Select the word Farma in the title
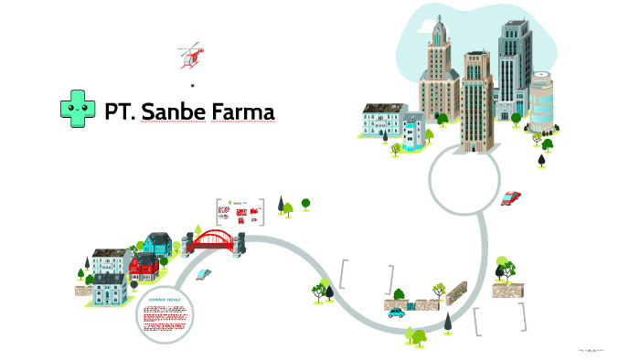[x=242, y=111]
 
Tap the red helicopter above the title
[x=192, y=55]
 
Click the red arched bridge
[x=214, y=239]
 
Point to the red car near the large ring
[x=511, y=196]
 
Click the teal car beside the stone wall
[x=396, y=312]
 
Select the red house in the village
[x=144, y=266]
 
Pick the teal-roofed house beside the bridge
[x=157, y=243]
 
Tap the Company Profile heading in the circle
[x=165, y=300]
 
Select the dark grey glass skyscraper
[x=514, y=64]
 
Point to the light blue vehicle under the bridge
[x=204, y=273]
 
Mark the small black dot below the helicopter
[x=192, y=85]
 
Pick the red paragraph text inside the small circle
[x=165, y=315]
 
